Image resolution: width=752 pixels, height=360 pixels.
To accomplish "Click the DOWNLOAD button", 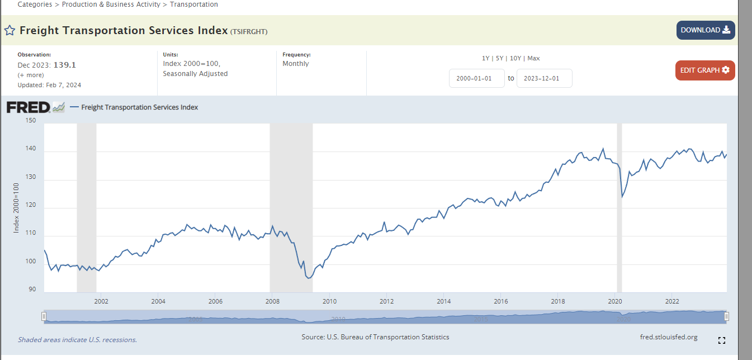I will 705,30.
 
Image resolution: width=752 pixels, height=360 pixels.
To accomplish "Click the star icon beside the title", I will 10,30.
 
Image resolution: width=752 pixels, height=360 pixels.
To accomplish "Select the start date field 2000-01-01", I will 476,78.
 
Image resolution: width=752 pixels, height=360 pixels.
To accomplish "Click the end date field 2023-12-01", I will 544,78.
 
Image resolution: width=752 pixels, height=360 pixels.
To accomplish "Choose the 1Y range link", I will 485,58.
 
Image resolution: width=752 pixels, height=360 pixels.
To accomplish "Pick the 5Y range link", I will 499,58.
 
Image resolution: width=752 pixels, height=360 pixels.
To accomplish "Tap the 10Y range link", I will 515,58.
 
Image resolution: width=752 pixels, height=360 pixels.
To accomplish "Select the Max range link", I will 533,58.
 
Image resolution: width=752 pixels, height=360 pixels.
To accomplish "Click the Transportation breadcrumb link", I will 194,4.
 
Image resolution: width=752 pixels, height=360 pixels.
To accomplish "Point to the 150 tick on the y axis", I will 31,120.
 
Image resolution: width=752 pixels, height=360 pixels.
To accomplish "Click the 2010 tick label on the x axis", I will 329,301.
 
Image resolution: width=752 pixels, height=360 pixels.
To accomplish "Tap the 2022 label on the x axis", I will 672,301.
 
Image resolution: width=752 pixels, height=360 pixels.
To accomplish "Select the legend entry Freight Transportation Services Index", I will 139,107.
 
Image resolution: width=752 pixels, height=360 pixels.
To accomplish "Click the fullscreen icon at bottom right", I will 721,340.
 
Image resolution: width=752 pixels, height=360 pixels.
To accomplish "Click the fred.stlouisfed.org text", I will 669,337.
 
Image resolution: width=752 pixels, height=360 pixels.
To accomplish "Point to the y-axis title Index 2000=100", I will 17,208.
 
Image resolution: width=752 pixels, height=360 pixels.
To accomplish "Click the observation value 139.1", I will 65,65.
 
